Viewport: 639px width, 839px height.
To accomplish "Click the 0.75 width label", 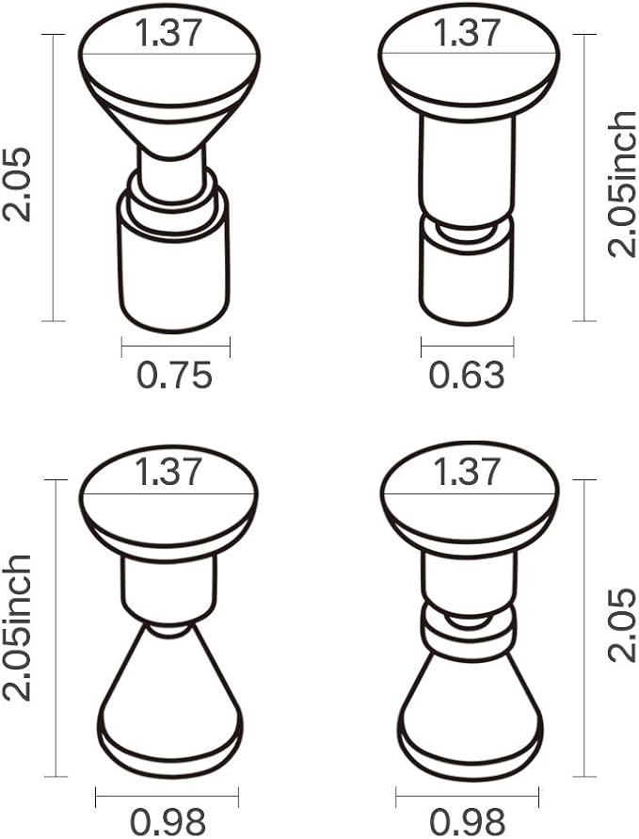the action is (175, 375).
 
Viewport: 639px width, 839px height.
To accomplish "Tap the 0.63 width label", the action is (467, 375).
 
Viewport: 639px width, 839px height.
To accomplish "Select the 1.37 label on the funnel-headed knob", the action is (168, 33).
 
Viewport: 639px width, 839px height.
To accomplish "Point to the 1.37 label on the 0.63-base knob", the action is (467, 33).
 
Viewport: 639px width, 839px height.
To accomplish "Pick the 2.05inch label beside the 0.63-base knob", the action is (622, 184).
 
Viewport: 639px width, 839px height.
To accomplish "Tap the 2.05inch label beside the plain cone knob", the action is (17, 627).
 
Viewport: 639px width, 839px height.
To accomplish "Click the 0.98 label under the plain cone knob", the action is (168, 822).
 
